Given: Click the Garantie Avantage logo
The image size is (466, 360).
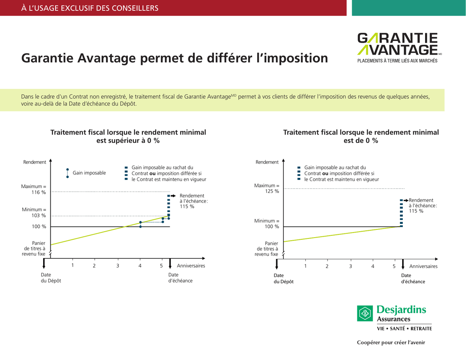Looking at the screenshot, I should tap(397, 48).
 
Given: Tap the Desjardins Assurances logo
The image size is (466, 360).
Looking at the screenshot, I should tap(394, 318).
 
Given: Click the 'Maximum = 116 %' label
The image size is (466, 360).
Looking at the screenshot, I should tap(34, 189).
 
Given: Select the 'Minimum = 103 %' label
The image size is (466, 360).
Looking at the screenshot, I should tap(34, 213).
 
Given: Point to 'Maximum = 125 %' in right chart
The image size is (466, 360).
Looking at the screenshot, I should tap(267, 188).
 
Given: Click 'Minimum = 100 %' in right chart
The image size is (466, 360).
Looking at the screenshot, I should tap(267, 223).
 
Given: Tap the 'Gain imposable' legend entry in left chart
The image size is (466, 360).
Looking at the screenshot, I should tap(89, 173).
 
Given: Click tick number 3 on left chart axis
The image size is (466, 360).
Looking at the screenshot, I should tap(117, 266).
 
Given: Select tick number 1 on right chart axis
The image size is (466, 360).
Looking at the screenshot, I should tap(305, 266).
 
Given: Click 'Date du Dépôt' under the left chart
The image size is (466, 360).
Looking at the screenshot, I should tap(51, 278).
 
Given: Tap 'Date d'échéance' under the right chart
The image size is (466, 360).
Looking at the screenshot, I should tap(413, 279).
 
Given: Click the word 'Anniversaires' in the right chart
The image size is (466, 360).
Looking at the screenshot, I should tap(423, 266).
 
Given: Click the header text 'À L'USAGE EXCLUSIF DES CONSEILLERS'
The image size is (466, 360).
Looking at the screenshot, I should tap(90, 8).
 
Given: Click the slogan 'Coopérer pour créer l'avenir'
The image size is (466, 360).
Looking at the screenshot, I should tap(390, 343).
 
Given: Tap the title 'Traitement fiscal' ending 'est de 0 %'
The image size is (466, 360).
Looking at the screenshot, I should tap(361, 136).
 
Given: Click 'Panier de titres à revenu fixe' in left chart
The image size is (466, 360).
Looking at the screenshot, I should tap(34, 248).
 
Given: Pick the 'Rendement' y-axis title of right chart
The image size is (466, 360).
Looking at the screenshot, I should tap(267, 162).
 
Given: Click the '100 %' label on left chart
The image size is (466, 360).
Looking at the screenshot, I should tap(38, 227).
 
